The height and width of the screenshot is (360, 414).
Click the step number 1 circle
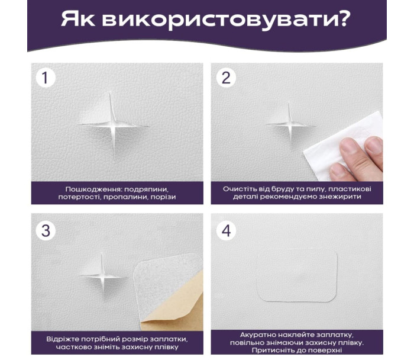coord(46,78)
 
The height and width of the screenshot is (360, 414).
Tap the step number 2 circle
coord(226,78)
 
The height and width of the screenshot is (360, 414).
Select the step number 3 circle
coord(46,230)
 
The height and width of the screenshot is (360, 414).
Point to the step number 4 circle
coord(226,230)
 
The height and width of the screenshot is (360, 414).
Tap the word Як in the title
coord(78,19)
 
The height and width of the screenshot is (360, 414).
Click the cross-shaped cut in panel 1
coord(114,125)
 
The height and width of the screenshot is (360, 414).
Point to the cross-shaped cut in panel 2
coord(290,124)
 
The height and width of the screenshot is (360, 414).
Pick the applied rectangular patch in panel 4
coord(297,275)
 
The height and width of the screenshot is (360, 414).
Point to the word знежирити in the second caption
coord(340,197)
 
